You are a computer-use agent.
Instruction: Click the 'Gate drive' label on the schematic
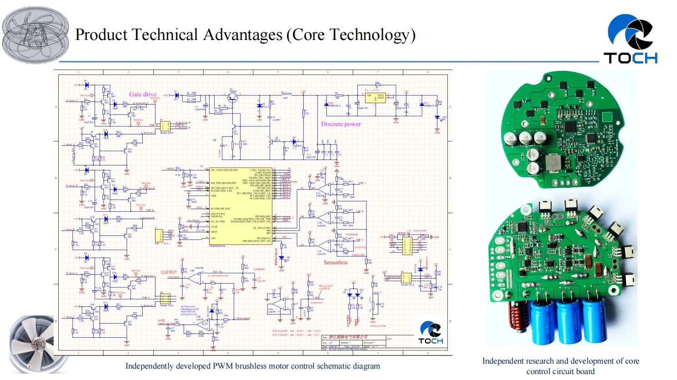[x=143, y=94]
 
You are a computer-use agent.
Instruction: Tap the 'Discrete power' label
[x=341, y=124]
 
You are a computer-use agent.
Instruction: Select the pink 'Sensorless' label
[x=336, y=262]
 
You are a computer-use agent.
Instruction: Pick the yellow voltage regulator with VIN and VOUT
[x=376, y=97]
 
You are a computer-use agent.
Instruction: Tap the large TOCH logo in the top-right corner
[x=631, y=39]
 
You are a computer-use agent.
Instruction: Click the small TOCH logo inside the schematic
[x=430, y=333]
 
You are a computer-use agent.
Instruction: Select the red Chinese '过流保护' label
[x=168, y=272]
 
